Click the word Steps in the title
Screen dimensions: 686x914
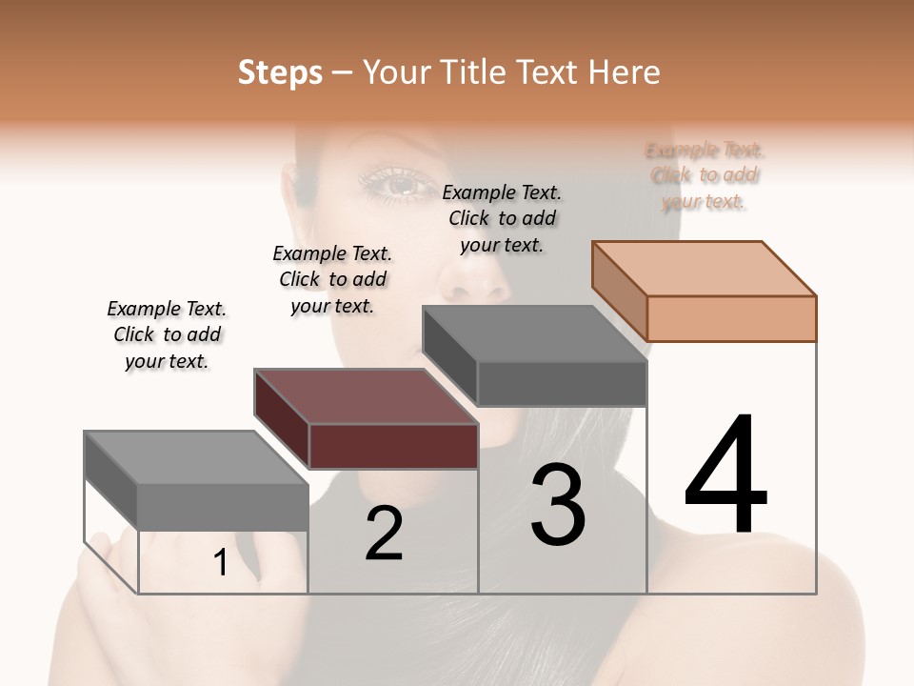pos(280,72)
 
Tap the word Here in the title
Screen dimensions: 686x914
pos(625,72)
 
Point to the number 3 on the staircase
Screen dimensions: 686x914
pos(558,505)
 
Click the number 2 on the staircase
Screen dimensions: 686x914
pos(384,534)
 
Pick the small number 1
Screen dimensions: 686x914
pos(221,563)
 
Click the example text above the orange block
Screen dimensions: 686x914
pos(705,176)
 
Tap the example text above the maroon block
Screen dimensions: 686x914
pos(332,279)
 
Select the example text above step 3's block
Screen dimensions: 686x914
pos(502,218)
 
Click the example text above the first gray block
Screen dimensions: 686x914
pos(167,334)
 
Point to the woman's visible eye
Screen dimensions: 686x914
pos(399,184)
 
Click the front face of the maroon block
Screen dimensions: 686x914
pos(393,446)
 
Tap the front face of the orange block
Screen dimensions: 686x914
pos(731,318)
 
